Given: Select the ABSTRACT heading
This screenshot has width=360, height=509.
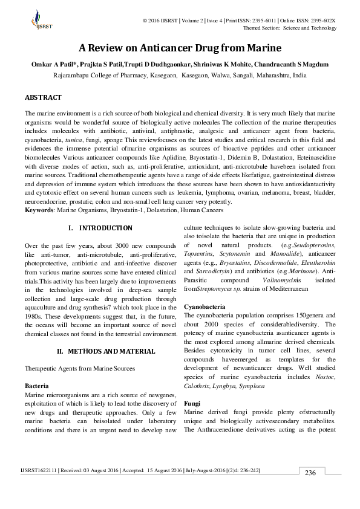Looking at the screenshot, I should pyautogui.click(x=43, y=97).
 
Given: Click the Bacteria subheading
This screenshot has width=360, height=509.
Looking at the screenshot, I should pyautogui.click(x=36, y=384).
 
